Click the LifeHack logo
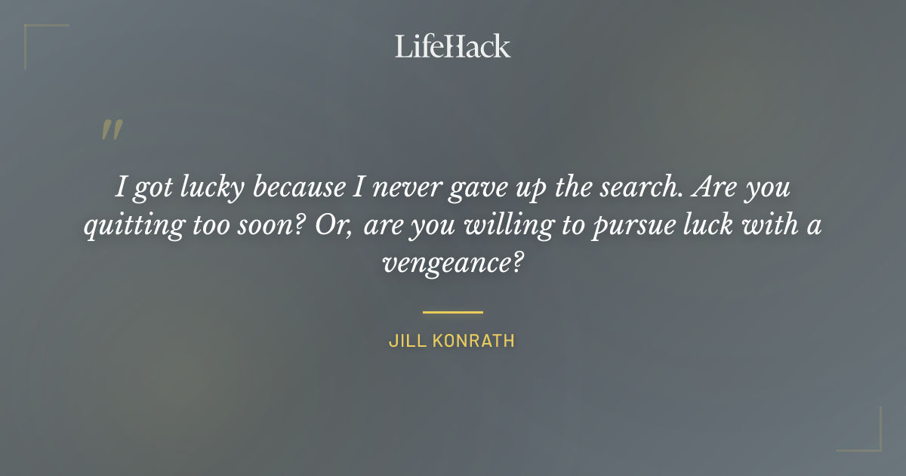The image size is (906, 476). pyautogui.click(x=452, y=46)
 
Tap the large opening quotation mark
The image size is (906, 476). pyautogui.click(x=112, y=131)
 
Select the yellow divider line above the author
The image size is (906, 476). pyautogui.click(x=452, y=311)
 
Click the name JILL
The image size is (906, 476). pyautogui.click(x=408, y=341)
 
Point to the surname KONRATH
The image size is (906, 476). pyautogui.click(x=474, y=341)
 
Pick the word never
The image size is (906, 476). pyautogui.click(x=402, y=187)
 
